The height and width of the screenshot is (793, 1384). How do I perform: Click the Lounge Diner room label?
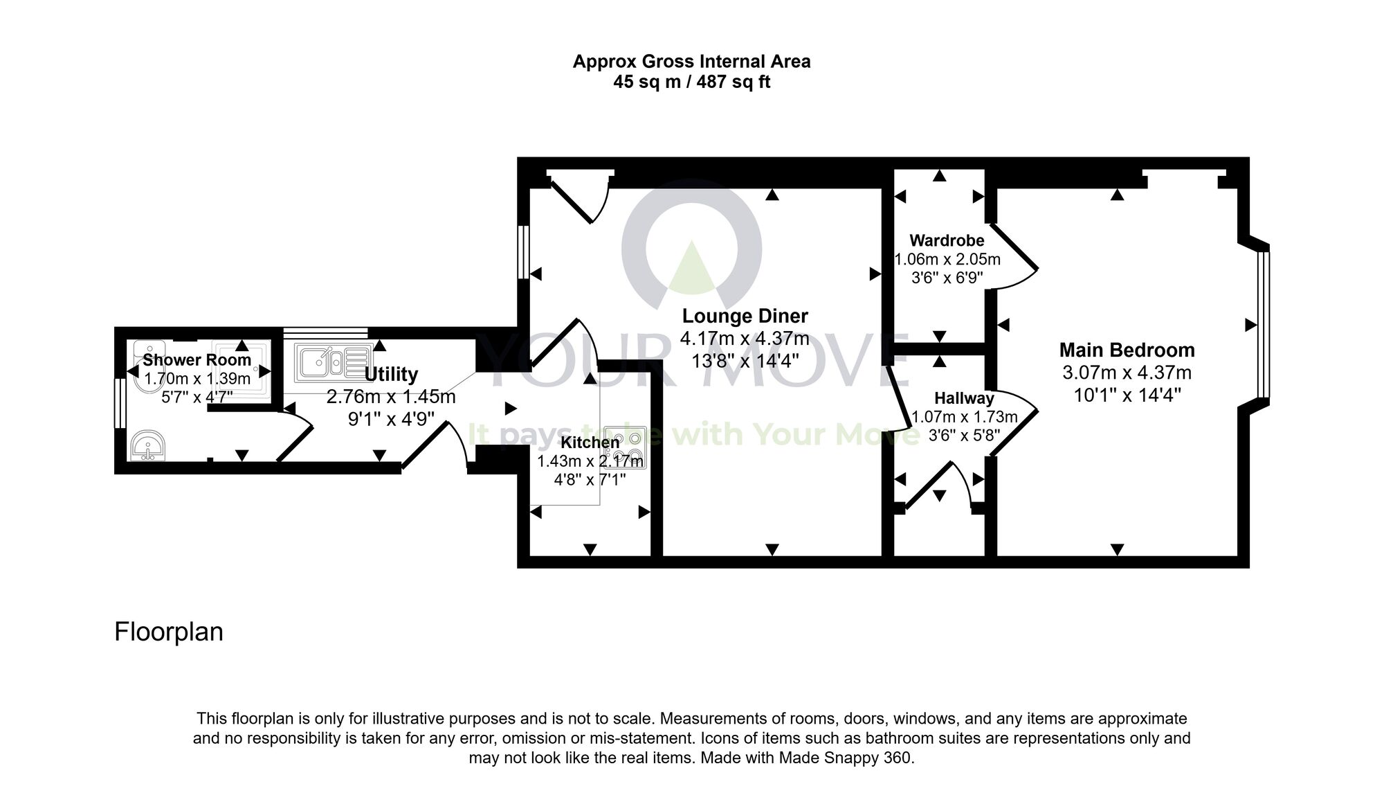(x=745, y=316)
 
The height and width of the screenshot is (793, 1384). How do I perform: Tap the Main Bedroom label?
(x=1127, y=350)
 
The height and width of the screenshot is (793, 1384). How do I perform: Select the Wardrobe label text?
(x=946, y=240)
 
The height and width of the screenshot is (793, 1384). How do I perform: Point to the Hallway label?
(x=964, y=398)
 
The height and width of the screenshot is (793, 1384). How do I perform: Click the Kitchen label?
(x=590, y=443)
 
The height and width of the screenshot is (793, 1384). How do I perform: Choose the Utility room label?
(x=391, y=374)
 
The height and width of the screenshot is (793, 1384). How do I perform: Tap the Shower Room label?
(x=197, y=360)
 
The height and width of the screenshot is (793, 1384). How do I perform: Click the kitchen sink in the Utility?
(x=333, y=362)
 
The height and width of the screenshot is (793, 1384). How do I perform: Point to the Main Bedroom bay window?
(x=1264, y=325)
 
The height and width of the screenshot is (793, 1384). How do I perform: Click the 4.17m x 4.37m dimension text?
(x=745, y=339)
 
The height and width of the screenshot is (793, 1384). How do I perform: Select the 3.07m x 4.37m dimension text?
(x=1127, y=373)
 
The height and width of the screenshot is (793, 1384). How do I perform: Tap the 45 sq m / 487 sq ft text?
(x=691, y=82)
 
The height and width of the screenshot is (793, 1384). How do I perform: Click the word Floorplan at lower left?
(x=168, y=632)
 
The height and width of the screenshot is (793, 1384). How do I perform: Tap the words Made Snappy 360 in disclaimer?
(x=845, y=758)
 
